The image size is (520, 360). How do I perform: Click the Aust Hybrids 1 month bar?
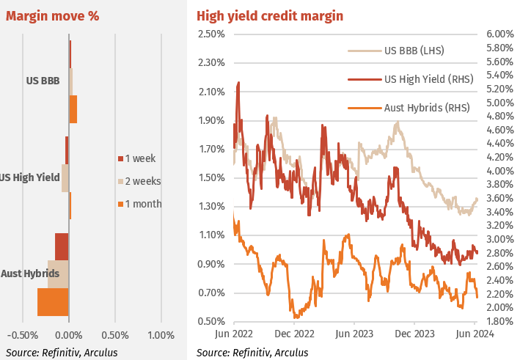point(53,302)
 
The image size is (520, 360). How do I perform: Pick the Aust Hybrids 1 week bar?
point(62,246)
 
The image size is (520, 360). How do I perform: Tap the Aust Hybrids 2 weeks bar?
point(58,274)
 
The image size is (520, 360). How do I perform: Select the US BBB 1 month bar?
point(73,109)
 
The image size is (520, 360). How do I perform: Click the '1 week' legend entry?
point(139,158)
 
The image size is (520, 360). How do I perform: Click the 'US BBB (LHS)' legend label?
point(414,51)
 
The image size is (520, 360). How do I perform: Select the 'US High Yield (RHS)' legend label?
point(428,79)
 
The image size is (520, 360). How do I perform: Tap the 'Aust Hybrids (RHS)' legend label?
point(426,107)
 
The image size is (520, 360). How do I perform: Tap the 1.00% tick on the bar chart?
point(161,335)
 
